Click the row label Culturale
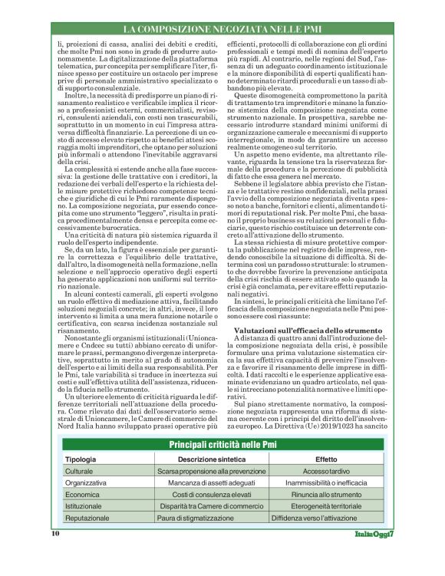coord(79,471)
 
